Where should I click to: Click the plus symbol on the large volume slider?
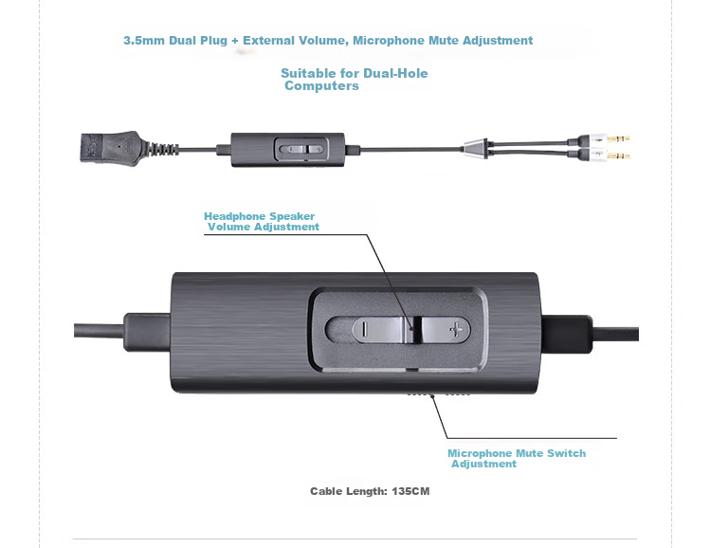pos(456,329)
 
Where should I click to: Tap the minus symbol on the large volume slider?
pos(364,329)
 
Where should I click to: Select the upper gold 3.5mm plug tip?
pos(618,137)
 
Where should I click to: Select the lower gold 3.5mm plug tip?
pos(618,156)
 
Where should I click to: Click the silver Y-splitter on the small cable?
pos(475,148)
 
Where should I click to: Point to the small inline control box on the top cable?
pos(287,149)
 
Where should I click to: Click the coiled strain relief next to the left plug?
pos(162,149)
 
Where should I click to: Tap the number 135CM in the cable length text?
pos(410,491)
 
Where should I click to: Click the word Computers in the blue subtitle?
pos(321,85)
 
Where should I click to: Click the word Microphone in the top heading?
pos(389,41)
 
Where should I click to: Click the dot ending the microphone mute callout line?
pos(432,396)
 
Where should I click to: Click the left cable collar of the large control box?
pos(147,332)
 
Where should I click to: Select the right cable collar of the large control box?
pos(566,334)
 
